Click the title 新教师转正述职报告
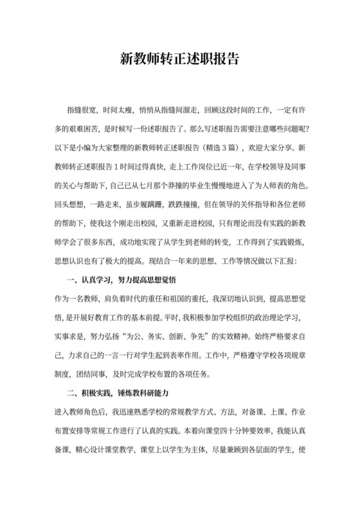180,58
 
